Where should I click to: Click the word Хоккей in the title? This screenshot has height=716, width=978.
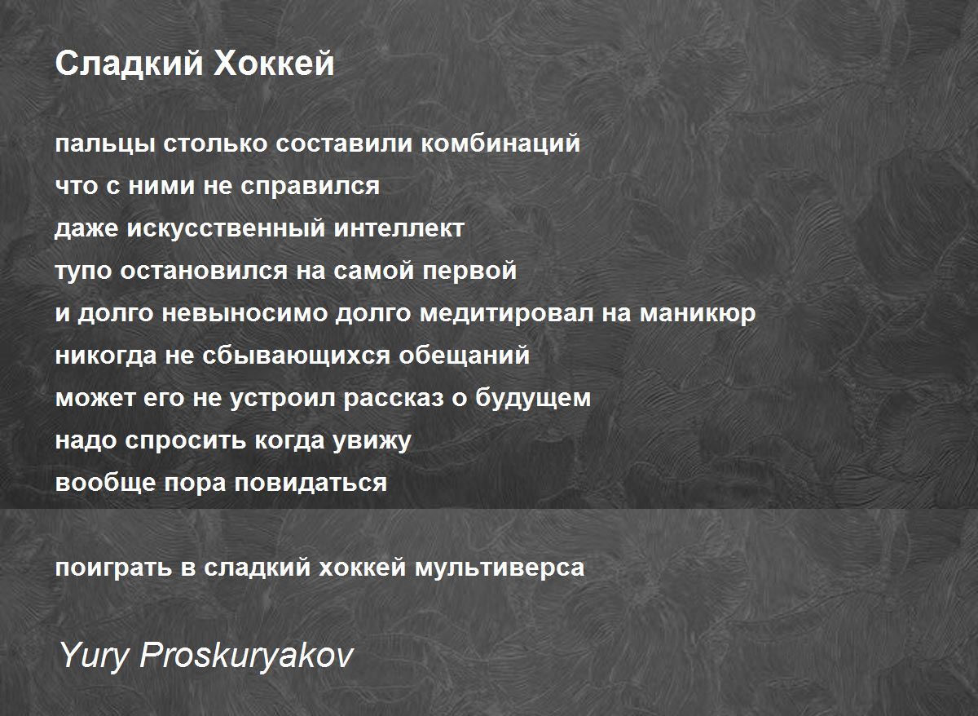(x=274, y=64)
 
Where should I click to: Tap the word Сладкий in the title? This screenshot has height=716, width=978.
(x=130, y=64)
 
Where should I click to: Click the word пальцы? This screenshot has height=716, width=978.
(x=105, y=144)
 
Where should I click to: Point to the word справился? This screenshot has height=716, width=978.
(x=310, y=187)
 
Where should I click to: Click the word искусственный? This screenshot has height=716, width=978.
(x=226, y=228)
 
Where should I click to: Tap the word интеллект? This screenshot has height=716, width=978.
(x=399, y=229)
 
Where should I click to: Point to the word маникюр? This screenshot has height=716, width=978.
(x=698, y=314)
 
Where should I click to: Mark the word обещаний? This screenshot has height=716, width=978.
(x=464, y=356)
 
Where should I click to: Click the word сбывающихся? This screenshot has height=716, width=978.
(x=296, y=356)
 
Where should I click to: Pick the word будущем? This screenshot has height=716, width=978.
(x=533, y=398)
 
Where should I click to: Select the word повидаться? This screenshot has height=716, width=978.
(x=311, y=484)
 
